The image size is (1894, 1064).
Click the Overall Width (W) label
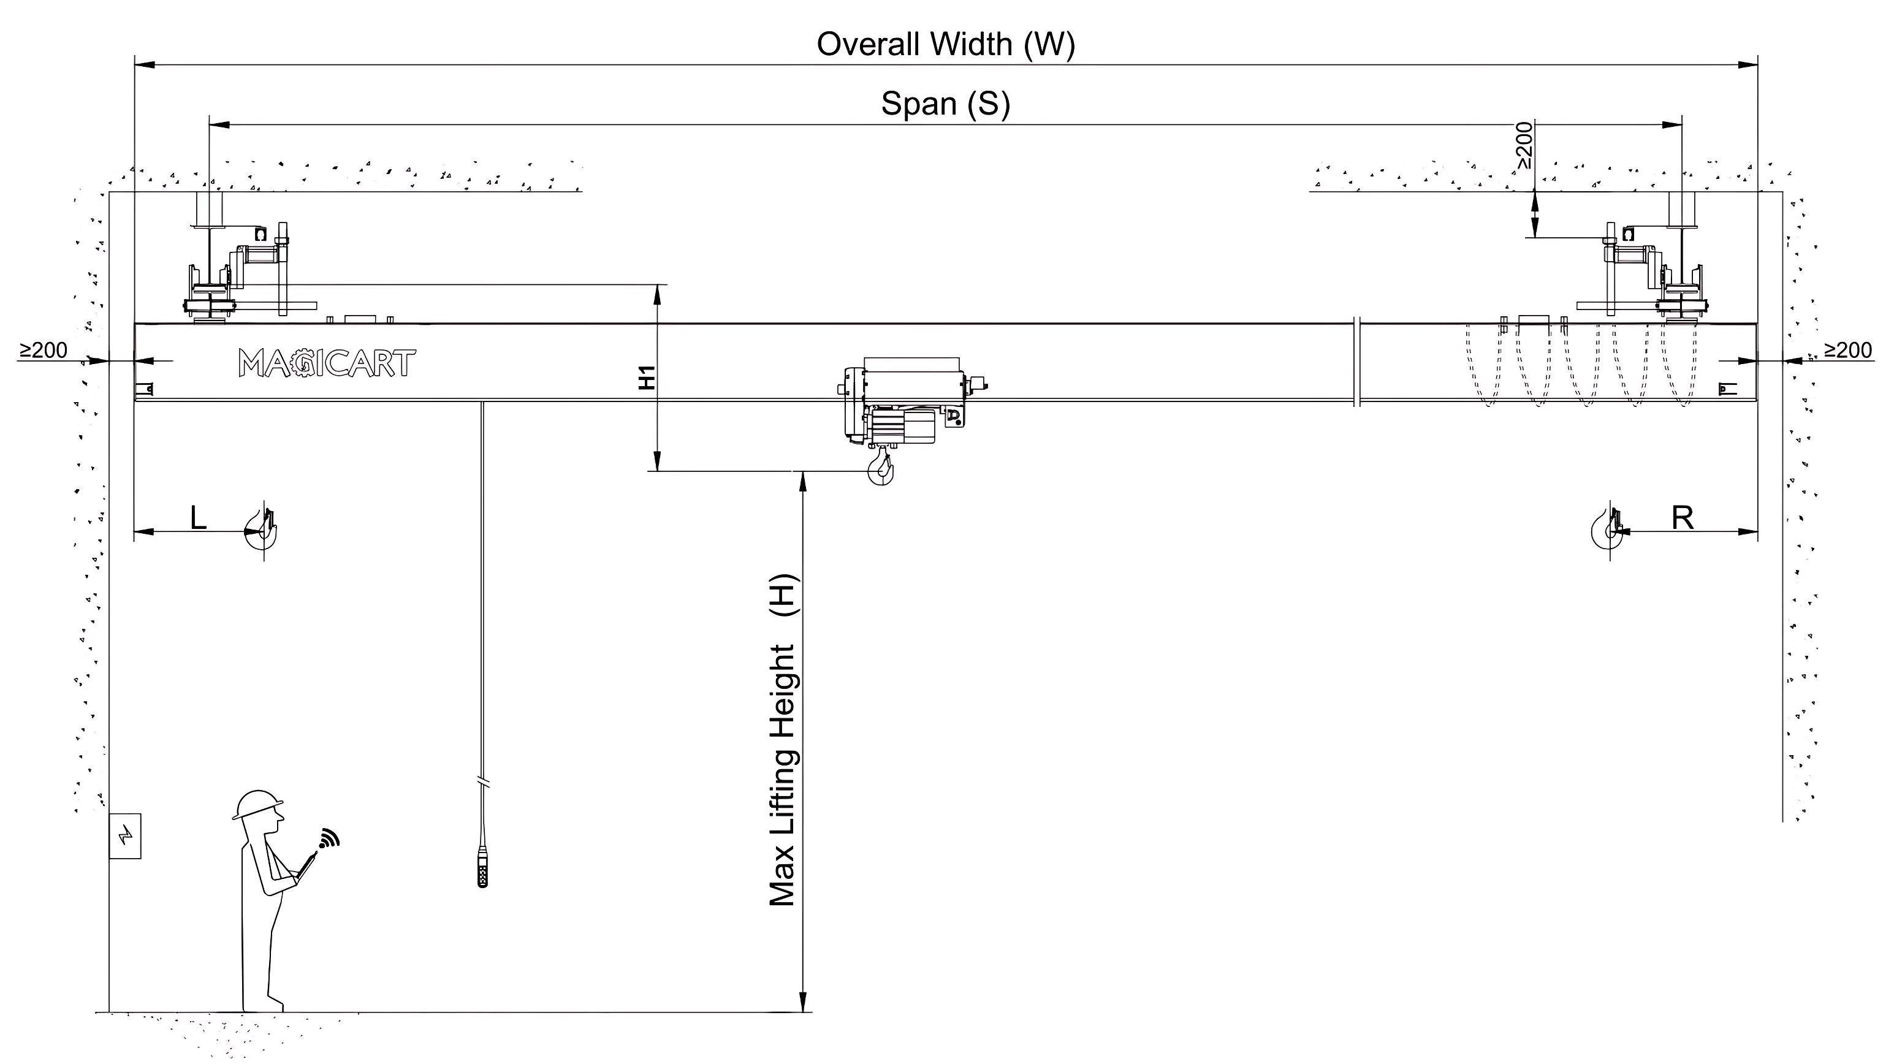click(946, 45)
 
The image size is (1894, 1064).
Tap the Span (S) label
click(946, 104)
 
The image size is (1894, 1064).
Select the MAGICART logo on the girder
click(327, 363)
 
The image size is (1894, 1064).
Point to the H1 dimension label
click(647, 377)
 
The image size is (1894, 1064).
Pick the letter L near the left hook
click(199, 519)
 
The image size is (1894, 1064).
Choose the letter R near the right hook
click(1683, 519)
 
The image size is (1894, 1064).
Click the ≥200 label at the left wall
click(44, 351)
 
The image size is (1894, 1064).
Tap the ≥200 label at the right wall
click(1849, 351)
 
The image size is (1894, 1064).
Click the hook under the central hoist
click(881, 469)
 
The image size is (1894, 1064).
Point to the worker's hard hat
click(257, 804)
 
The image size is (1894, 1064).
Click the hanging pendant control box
click(483, 868)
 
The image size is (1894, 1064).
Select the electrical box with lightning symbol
click(125, 835)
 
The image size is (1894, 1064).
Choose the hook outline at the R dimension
click(1610, 529)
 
